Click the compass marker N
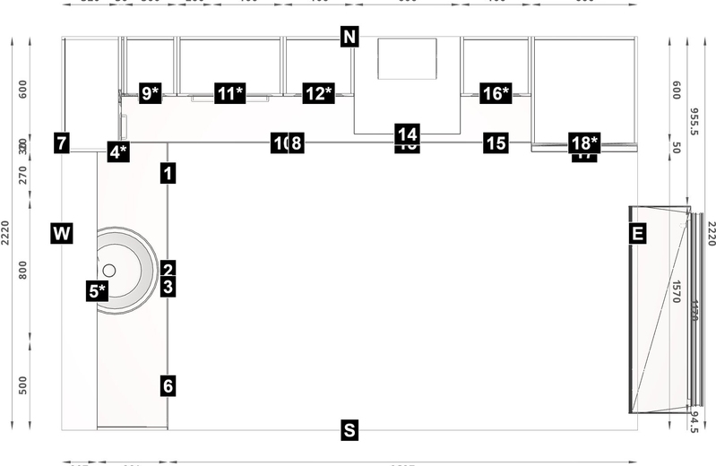click(x=349, y=37)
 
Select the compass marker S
click(x=349, y=431)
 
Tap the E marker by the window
click(x=638, y=235)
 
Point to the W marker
click(x=61, y=235)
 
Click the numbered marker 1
click(x=168, y=174)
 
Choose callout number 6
click(x=168, y=386)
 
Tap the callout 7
click(x=61, y=142)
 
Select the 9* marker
click(x=151, y=93)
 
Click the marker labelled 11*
click(x=229, y=93)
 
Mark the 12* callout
click(x=318, y=93)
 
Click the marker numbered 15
click(x=496, y=142)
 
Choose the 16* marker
click(x=496, y=93)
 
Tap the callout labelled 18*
click(x=584, y=142)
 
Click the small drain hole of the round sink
click(x=109, y=269)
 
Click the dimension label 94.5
click(x=694, y=421)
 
